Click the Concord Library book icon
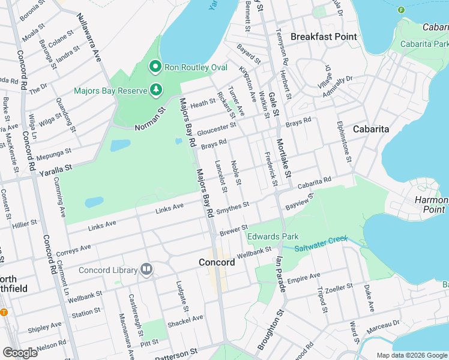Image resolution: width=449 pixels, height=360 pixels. tap(146, 270)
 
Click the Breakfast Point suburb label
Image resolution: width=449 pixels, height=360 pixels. tap(324, 37)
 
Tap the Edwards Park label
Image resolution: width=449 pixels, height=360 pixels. tap(273, 236)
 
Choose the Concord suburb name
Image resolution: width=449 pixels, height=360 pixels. tap(217, 263)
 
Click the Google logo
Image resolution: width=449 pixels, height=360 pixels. tap(20, 352)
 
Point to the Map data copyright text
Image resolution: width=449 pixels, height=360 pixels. tap(412, 355)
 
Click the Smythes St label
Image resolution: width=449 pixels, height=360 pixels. tap(232, 206)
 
